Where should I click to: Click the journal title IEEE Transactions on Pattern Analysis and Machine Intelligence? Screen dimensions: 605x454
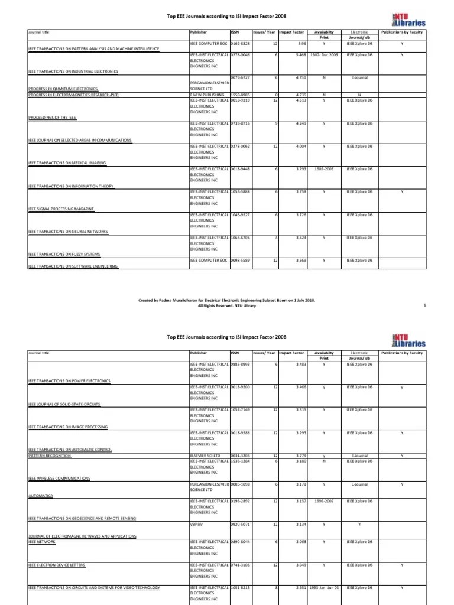tap(93, 48)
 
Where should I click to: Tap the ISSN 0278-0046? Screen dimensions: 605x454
tap(239, 54)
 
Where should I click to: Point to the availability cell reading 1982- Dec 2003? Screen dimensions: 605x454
tap(324, 54)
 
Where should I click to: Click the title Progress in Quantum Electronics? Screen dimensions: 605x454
tap(62, 89)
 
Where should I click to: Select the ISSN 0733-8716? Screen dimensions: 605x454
tap(239, 123)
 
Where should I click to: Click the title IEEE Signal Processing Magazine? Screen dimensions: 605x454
tap(61, 209)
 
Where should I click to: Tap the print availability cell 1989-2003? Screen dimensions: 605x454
tap(324, 169)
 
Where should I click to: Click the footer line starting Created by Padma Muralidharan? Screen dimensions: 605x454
tap(226, 301)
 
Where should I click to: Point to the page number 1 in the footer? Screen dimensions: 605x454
tap(425, 305)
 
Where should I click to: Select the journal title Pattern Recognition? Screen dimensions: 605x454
tap(50, 456)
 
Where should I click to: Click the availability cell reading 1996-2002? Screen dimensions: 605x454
tap(324, 501)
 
